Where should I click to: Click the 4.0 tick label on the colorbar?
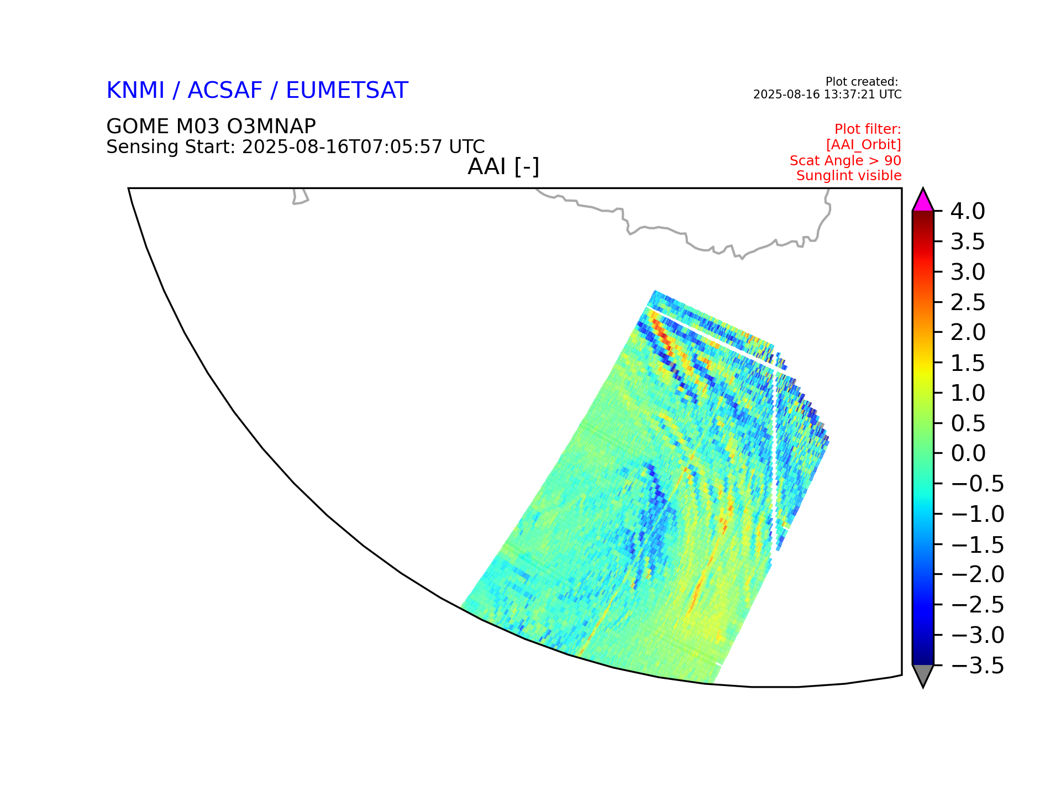click(x=968, y=211)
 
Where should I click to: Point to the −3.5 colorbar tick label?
click(x=977, y=666)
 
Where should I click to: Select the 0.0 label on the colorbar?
click(x=968, y=453)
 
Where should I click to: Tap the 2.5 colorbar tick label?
click(x=968, y=302)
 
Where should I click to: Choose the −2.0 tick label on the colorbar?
click(x=977, y=575)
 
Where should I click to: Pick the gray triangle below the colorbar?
click(x=923, y=675)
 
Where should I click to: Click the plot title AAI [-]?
click(x=503, y=167)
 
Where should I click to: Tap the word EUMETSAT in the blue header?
click(x=346, y=91)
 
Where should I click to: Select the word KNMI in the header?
click(x=135, y=91)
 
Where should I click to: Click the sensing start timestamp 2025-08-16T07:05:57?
click(x=342, y=147)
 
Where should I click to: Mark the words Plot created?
click(x=862, y=82)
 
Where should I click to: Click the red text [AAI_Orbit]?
click(x=864, y=145)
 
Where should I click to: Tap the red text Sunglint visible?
click(x=849, y=176)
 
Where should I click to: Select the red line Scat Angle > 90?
click(x=845, y=160)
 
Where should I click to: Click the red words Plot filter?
click(x=868, y=129)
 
